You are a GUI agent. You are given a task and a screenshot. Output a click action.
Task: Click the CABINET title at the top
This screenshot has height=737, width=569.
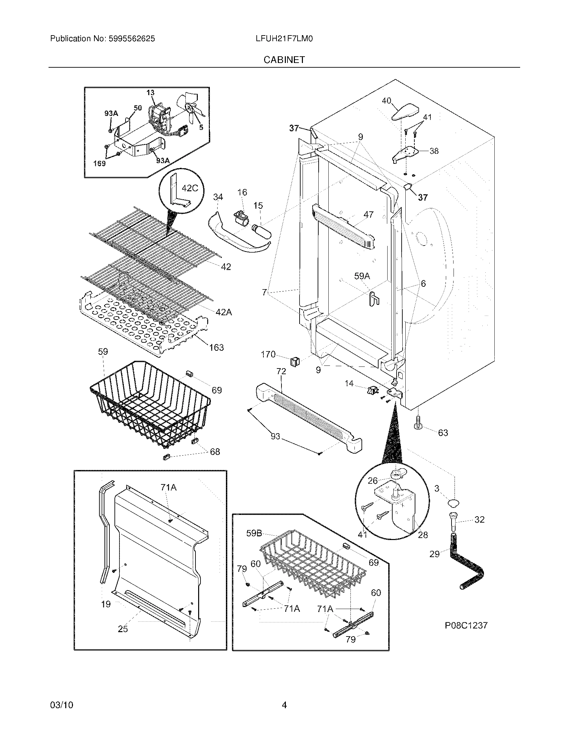[x=284, y=60]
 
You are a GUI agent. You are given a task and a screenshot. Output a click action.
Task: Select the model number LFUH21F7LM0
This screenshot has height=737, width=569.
[x=284, y=39]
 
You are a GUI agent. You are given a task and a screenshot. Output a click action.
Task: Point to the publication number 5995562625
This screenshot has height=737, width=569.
[x=132, y=39]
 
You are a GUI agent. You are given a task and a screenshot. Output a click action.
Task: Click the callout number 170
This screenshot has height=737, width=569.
[x=268, y=354]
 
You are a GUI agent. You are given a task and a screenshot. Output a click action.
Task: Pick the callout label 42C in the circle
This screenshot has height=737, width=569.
[x=190, y=188]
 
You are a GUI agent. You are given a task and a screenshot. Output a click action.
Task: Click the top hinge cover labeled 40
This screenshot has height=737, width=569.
[x=405, y=112]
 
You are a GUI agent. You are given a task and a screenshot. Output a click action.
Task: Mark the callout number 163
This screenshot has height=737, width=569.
[x=217, y=347]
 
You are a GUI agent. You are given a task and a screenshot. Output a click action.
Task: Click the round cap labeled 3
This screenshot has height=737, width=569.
[x=454, y=504]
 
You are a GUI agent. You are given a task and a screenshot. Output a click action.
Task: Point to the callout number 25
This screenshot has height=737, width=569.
[x=123, y=629]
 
